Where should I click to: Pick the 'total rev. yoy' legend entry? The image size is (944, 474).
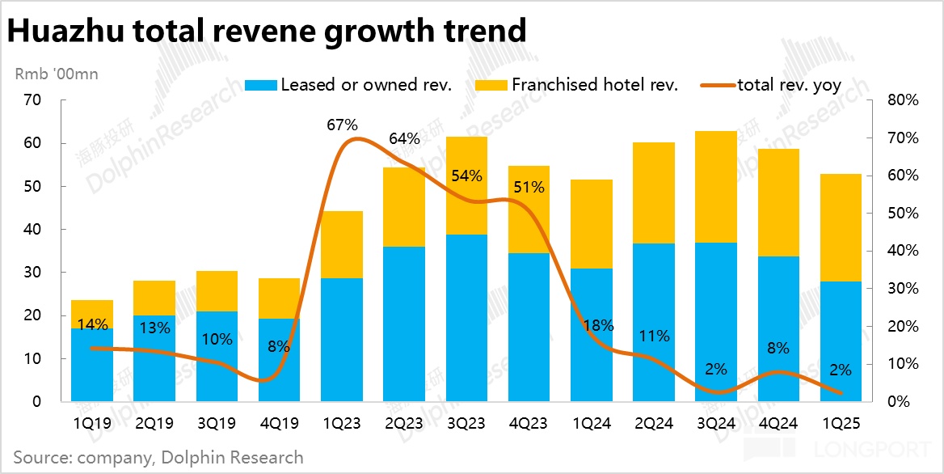click(789, 85)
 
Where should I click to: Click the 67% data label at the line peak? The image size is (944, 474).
click(342, 125)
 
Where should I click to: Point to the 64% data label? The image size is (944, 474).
click(404, 138)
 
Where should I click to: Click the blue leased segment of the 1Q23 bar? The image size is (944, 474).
click(342, 340)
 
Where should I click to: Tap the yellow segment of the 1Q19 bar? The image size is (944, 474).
click(92, 313)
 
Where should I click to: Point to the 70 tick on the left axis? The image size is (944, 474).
click(32, 100)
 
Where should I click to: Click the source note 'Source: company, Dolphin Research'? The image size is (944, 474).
click(158, 457)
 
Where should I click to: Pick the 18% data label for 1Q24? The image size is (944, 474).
click(597, 326)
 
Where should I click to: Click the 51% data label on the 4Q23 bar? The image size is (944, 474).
click(529, 188)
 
